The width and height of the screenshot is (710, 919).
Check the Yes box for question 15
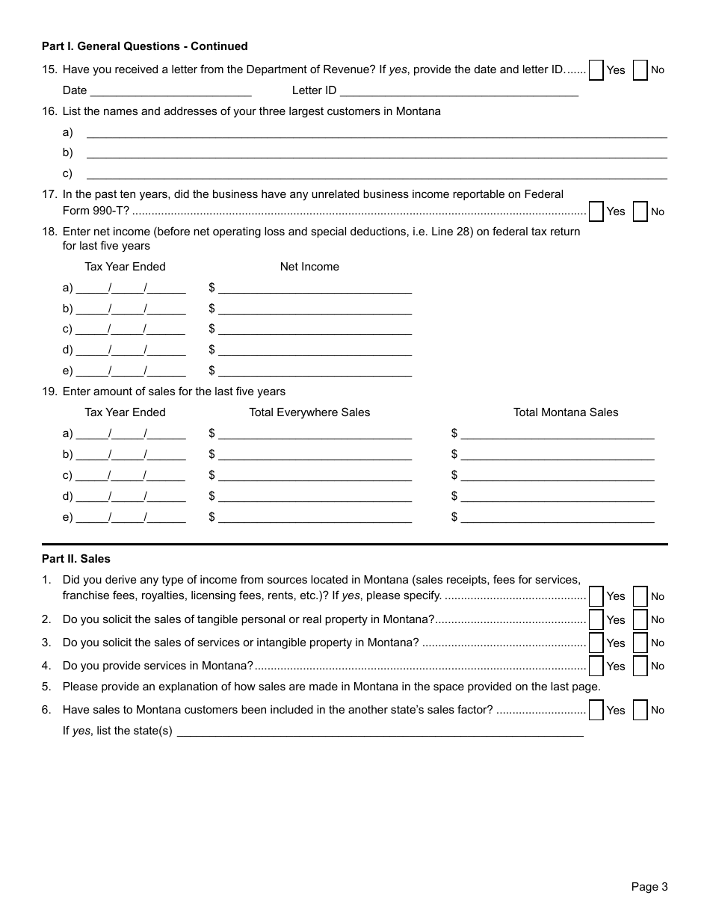click(x=596, y=70)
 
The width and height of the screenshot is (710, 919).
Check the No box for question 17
click(x=640, y=211)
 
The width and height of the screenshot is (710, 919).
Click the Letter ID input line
click(x=459, y=91)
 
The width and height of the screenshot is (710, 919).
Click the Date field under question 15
click(x=170, y=91)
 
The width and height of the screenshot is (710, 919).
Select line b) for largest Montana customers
click(x=377, y=152)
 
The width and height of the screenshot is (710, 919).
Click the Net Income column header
click(x=309, y=267)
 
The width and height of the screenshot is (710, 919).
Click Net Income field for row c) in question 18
click(x=315, y=329)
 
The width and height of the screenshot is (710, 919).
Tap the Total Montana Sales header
click(x=566, y=412)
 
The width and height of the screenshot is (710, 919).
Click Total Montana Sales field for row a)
click(x=558, y=433)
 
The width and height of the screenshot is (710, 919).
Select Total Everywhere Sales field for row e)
click(x=315, y=517)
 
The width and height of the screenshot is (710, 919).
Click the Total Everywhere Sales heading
click(x=309, y=412)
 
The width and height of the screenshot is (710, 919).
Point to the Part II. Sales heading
click(x=76, y=558)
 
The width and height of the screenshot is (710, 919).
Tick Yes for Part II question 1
click(x=596, y=596)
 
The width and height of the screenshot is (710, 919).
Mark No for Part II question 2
click(x=640, y=619)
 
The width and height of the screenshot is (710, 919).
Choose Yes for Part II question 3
click(x=596, y=643)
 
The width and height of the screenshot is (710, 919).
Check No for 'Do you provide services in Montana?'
click(x=640, y=666)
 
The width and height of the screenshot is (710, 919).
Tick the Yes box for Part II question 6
click(x=596, y=710)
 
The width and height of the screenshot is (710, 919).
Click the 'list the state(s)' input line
click(x=380, y=731)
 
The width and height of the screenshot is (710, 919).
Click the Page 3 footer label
click(x=649, y=887)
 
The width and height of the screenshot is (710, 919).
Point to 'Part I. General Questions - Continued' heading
click(x=145, y=46)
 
